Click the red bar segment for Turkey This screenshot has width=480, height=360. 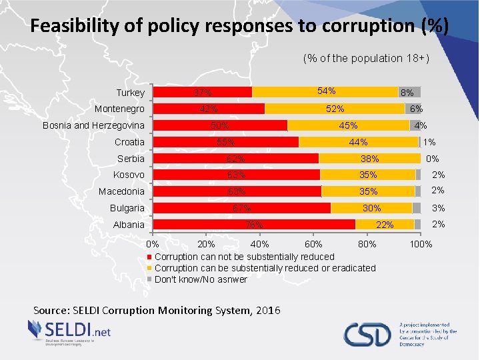[203, 92]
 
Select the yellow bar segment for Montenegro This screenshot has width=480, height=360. [335, 109]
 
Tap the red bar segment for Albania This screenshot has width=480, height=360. [254, 225]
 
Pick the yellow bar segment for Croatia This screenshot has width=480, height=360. [359, 142]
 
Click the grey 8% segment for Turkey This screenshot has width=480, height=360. [409, 92]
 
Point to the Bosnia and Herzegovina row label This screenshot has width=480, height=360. [93, 125]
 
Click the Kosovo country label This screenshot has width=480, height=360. [129, 175]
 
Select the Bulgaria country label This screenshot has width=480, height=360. [127, 208]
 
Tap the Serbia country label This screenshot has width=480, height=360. [131, 159]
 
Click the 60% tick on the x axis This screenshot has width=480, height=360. [313, 244]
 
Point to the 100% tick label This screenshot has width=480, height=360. [421, 244]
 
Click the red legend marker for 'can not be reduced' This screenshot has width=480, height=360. [150, 257]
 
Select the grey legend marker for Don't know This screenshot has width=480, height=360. [150, 279]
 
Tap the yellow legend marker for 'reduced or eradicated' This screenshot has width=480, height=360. [150, 268]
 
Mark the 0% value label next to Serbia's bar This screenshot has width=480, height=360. [432, 159]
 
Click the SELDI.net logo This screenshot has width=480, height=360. [69, 331]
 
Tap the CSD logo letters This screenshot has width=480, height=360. [367, 334]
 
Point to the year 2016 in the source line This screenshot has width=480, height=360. [267, 310]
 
